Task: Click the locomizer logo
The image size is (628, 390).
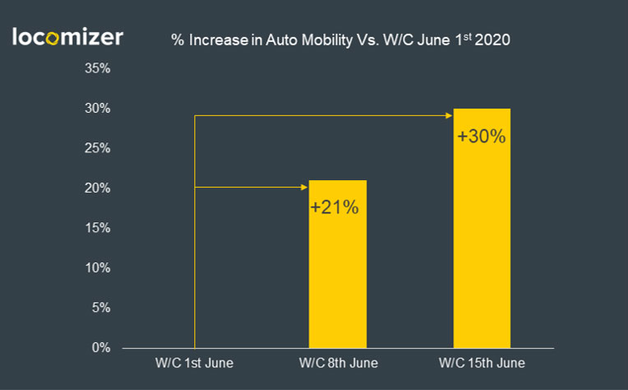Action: coord(67,37)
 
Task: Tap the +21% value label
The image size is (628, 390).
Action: coord(335,207)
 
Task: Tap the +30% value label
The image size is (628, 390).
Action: coord(481,136)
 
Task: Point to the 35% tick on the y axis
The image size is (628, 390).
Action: coord(98,68)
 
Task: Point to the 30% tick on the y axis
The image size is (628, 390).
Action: coord(98,109)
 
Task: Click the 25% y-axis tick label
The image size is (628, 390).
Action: coord(98,148)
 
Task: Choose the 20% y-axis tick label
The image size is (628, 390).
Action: coord(98,188)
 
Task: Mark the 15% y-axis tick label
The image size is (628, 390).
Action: coord(98,228)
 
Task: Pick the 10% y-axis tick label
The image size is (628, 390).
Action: coord(98,268)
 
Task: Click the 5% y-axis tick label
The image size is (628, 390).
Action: coord(101,308)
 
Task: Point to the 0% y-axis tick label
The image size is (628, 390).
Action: coord(101,348)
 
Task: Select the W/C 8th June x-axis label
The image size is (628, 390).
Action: coord(337,363)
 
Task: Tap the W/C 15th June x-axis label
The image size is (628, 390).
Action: coord(482,363)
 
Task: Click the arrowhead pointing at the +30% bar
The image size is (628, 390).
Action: coord(450,115)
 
